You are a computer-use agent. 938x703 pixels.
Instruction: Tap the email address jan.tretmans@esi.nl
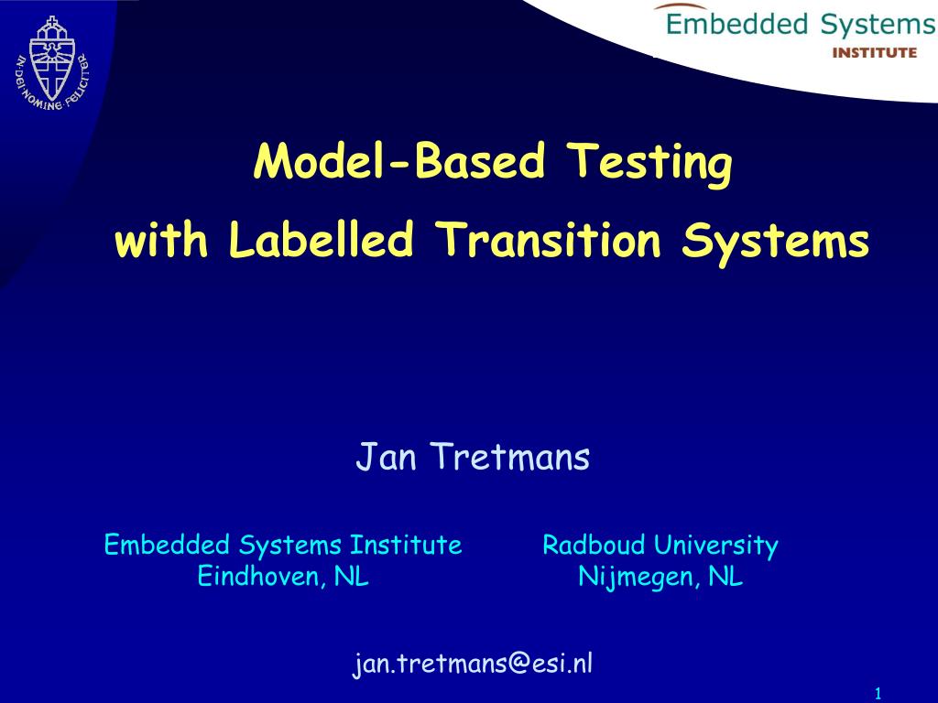coord(474,664)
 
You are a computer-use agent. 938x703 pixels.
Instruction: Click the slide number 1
coord(878,692)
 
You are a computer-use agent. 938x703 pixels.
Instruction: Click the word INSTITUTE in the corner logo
coord(873,52)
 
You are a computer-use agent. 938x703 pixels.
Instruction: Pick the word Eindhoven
coord(259,577)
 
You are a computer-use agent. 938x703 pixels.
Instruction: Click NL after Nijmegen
coord(725,577)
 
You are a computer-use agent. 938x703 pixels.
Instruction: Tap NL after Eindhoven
coord(351,577)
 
